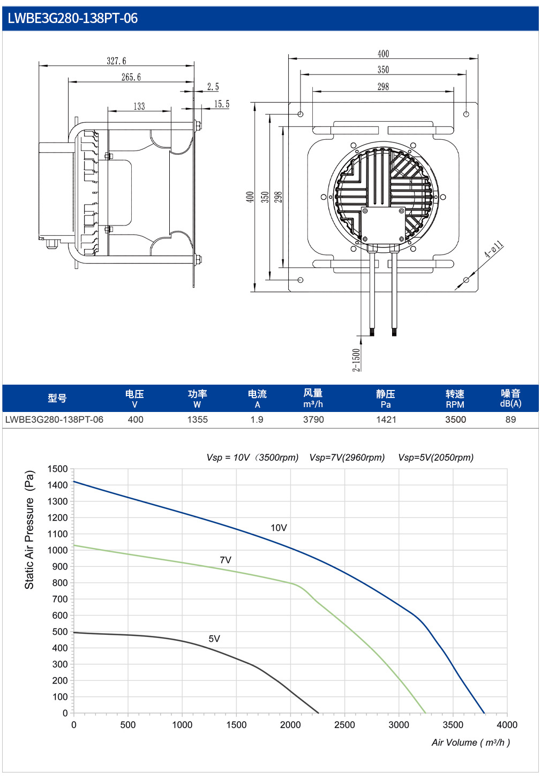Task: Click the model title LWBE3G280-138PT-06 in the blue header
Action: tap(72, 18)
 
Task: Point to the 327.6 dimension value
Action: tap(116, 61)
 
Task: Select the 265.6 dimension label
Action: tap(131, 77)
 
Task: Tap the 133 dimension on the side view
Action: tap(139, 106)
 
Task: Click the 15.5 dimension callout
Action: tap(222, 104)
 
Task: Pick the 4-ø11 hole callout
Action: tap(494, 249)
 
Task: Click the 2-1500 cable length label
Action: tap(356, 360)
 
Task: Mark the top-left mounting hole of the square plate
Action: tap(300, 114)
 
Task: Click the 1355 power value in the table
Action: tap(198, 419)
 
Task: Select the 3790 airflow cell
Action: tap(313, 419)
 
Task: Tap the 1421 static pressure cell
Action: tap(386, 419)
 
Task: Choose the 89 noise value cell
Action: tap(510, 419)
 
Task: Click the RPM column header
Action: tap(455, 404)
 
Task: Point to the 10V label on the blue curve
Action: tap(279, 528)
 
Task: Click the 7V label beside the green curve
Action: tap(226, 560)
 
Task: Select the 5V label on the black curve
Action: tap(214, 639)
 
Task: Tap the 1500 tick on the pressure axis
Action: tap(58, 469)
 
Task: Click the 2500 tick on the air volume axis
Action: tap(344, 725)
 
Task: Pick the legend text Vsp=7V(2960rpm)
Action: tap(347, 457)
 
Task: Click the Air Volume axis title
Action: tap(471, 742)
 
